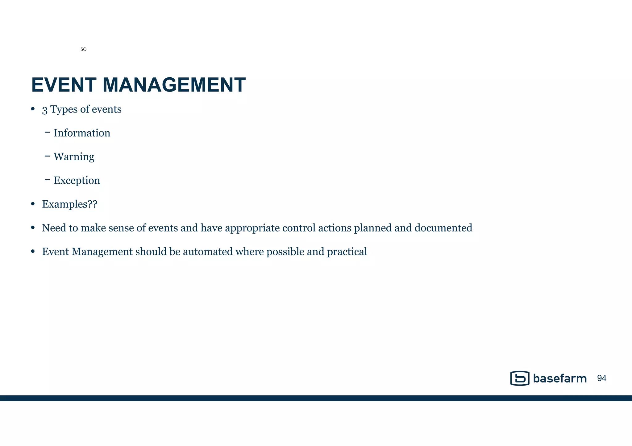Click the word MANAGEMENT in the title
[174, 85]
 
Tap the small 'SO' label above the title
[83, 49]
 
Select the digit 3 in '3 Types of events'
[45, 110]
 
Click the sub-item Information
[82, 133]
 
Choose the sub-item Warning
[74, 157]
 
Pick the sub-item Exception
[77, 180]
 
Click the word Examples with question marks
[69, 204]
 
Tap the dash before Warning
[47, 156]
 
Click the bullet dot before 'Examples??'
[33, 204]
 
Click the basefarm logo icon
[520, 378]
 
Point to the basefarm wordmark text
[559, 378]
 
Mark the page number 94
[602, 378]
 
